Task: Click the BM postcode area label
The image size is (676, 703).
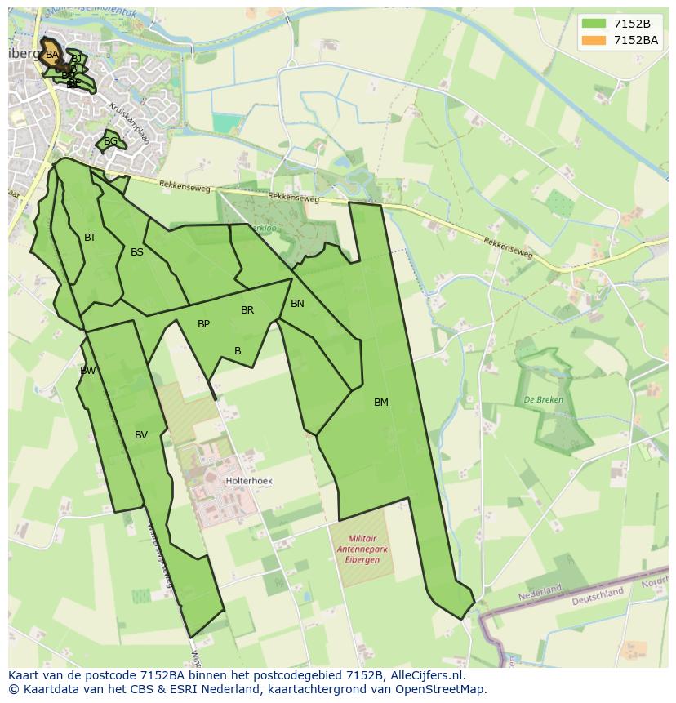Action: tap(381, 403)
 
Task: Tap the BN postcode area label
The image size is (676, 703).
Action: tap(297, 304)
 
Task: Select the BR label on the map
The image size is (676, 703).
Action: tap(247, 310)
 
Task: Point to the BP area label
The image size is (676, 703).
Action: tap(203, 324)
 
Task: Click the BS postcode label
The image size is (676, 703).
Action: tap(137, 252)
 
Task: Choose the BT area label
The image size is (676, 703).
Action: tap(90, 238)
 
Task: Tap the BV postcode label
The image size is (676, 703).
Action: tap(141, 435)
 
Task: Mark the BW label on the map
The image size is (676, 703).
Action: tap(87, 371)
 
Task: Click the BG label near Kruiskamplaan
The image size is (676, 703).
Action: tap(110, 141)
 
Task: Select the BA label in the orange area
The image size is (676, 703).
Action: tap(52, 55)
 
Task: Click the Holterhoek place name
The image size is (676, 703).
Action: tap(249, 482)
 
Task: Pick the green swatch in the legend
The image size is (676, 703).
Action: tap(594, 24)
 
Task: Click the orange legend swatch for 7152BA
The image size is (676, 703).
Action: tap(594, 40)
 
